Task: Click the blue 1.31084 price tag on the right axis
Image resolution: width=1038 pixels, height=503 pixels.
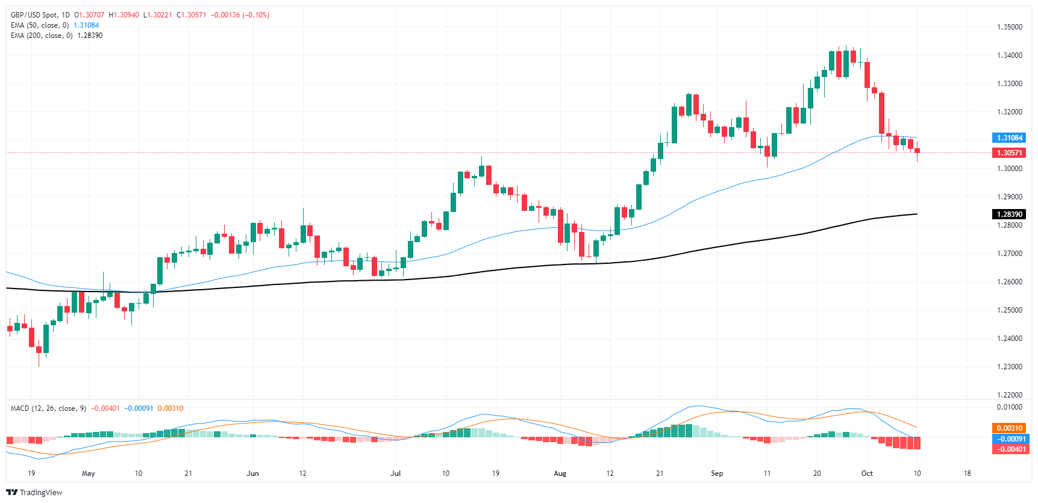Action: point(1009,138)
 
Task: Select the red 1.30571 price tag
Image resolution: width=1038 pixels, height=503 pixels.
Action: point(1009,153)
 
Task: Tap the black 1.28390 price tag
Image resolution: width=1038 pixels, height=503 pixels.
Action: point(1009,214)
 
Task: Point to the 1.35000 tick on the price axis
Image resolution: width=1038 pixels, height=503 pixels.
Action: point(1009,27)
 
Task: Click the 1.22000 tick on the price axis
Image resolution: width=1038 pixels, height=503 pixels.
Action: point(1009,395)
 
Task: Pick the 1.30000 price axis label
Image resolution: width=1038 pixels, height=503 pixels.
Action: point(1009,169)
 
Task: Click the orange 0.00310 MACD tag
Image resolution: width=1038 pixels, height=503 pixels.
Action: point(1009,428)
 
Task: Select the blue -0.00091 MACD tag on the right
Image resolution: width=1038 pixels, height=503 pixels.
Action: point(1009,439)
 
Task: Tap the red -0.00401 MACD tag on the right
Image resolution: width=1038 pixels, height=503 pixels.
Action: point(1009,449)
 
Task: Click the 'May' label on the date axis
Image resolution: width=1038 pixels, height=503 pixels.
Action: point(89,473)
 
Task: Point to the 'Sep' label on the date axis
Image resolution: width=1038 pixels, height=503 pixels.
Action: point(717,473)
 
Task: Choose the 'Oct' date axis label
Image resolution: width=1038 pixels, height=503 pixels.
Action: point(867,473)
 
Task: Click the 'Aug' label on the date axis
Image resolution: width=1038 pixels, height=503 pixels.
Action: point(560,473)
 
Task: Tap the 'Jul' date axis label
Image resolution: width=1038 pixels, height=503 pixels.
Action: point(396,473)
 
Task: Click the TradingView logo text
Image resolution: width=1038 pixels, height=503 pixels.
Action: point(40,493)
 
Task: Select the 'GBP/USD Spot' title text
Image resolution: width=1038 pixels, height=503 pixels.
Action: point(36,15)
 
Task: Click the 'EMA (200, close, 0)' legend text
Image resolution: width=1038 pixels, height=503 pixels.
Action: point(42,36)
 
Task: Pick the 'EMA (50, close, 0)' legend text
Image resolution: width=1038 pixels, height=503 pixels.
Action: point(40,25)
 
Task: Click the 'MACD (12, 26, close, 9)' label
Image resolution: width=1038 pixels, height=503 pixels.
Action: point(48,408)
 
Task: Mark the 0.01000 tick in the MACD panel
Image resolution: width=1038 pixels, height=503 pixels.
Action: point(1009,407)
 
